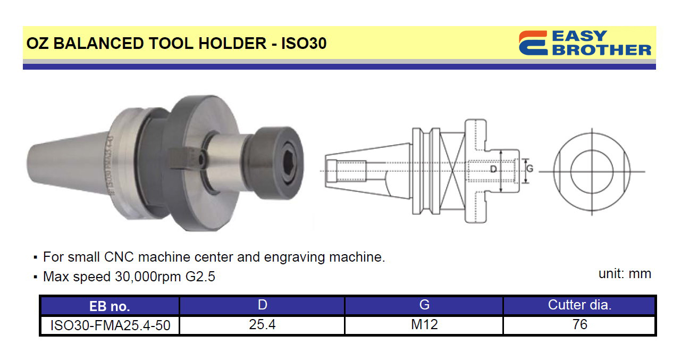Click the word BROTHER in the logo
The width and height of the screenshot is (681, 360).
(x=602, y=50)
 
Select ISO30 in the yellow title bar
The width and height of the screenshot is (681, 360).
(x=304, y=43)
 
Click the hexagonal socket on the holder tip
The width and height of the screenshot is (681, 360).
(x=289, y=163)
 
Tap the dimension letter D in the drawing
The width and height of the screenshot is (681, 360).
(x=493, y=169)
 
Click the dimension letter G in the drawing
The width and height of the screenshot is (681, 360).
(x=529, y=168)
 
